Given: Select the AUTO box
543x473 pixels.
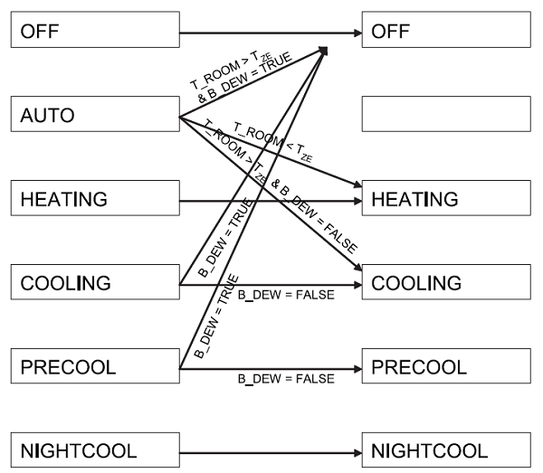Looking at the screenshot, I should click(x=94, y=116).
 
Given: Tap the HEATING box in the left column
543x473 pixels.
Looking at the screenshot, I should click(x=94, y=198).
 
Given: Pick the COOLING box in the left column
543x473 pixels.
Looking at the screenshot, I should click(x=94, y=284).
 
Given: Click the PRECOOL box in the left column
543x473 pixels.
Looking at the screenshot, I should click(x=94, y=367).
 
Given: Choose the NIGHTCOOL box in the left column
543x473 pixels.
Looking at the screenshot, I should click(x=94, y=449).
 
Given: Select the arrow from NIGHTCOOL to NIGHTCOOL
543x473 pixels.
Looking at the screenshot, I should click(x=271, y=449).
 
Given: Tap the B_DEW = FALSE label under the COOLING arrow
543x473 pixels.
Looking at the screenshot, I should click(x=287, y=296).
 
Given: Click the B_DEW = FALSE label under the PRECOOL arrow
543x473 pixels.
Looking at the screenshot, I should click(x=287, y=378).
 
